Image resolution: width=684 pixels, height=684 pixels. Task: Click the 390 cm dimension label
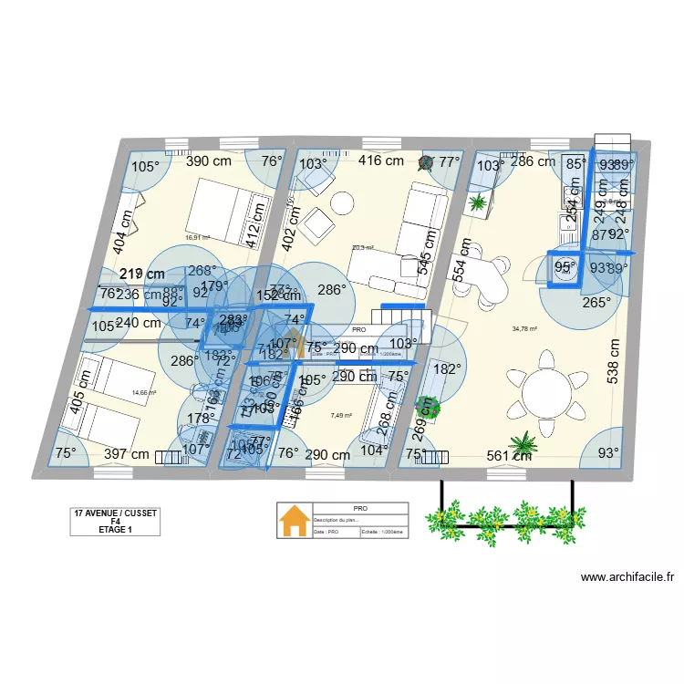point(209,161)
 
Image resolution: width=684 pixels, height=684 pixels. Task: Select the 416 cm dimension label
point(380,161)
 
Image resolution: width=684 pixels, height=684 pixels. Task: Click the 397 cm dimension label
point(126,454)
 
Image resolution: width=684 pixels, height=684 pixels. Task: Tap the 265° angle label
point(596,303)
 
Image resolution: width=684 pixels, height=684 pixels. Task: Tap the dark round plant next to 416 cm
point(426,163)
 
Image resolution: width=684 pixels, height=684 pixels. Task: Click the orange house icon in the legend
point(294,522)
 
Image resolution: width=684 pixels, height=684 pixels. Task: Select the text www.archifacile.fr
point(628,577)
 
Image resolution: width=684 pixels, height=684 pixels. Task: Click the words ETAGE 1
point(116,530)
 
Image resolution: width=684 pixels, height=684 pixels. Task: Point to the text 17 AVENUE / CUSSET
point(116,513)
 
